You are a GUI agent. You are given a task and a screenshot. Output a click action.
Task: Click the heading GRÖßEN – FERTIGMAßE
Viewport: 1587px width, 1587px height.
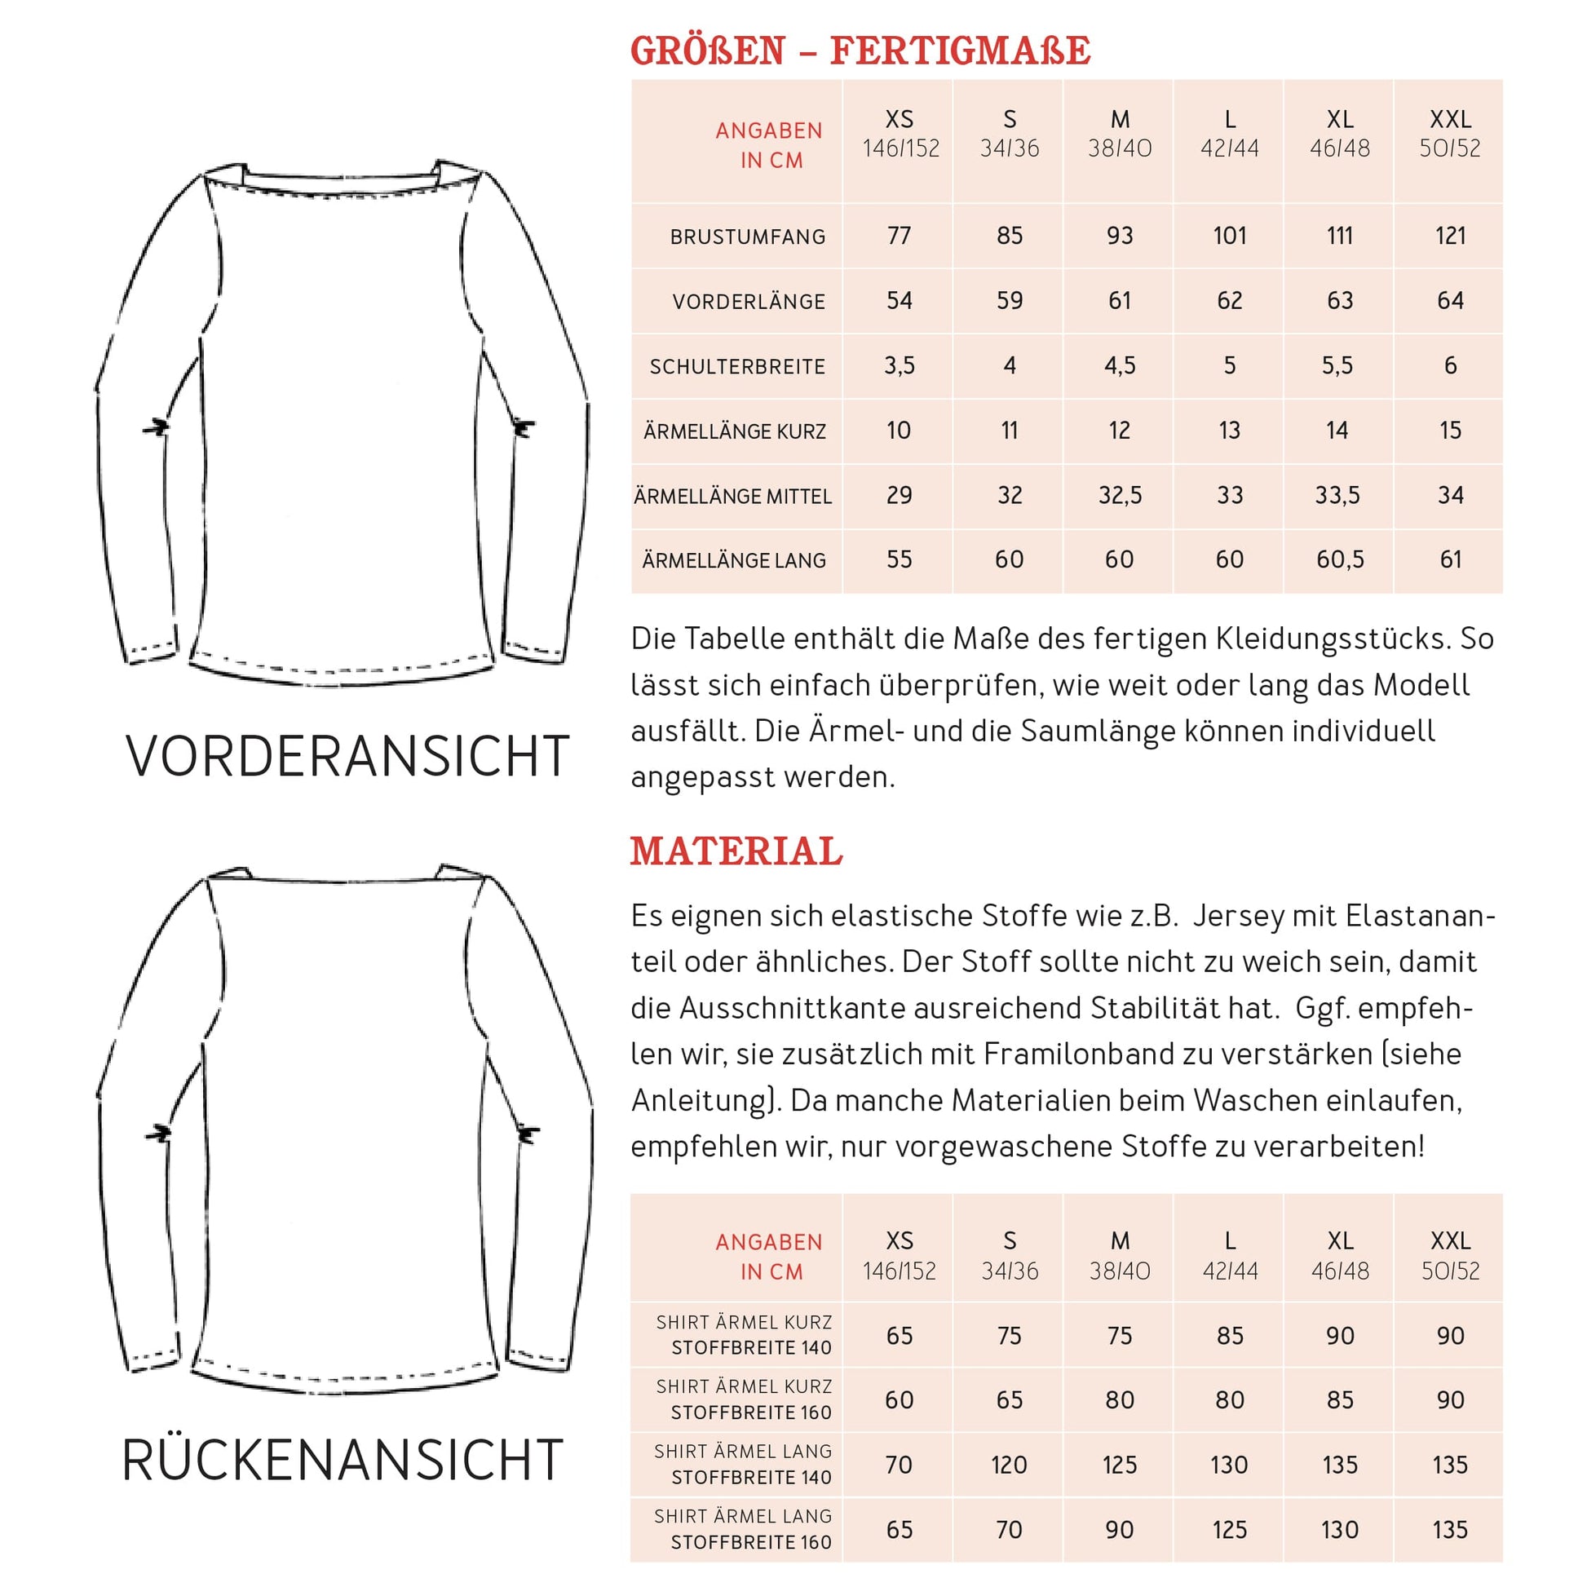(860, 51)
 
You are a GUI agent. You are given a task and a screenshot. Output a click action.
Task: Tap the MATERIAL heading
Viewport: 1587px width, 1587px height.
(736, 851)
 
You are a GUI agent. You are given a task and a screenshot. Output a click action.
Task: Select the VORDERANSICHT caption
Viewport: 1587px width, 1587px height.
(347, 757)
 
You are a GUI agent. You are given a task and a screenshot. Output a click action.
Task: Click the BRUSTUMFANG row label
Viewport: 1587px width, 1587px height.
(748, 237)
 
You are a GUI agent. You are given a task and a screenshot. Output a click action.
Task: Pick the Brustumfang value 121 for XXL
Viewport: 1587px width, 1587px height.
(1450, 236)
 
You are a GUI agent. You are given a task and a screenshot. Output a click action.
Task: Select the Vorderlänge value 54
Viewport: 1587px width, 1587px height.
(899, 301)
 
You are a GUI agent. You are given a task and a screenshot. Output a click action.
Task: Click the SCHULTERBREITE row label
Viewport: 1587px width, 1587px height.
(737, 366)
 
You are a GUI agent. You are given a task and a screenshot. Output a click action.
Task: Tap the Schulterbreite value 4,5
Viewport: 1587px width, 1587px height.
(1119, 365)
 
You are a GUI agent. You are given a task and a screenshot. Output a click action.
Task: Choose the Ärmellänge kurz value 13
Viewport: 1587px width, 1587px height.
(1229, 431)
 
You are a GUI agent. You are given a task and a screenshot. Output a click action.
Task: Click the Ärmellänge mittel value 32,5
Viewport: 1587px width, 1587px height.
(1119, 495)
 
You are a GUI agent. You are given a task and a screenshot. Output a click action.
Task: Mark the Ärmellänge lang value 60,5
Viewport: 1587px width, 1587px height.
(1339, 560)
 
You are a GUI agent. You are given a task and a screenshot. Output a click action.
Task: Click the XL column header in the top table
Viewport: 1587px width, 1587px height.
(1339, 133)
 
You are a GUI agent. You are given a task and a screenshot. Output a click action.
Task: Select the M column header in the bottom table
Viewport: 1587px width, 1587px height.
(1119, 1254)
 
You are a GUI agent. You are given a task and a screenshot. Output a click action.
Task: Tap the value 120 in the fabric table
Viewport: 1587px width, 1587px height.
(1009, 1465)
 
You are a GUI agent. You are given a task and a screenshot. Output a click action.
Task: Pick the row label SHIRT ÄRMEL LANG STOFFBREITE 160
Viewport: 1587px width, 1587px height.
(744, 1529)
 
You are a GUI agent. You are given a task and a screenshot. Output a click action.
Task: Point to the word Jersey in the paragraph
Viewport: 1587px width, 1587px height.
(1237, 916)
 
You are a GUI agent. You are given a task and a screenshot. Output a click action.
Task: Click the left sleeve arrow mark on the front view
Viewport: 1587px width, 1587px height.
(156, 428)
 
